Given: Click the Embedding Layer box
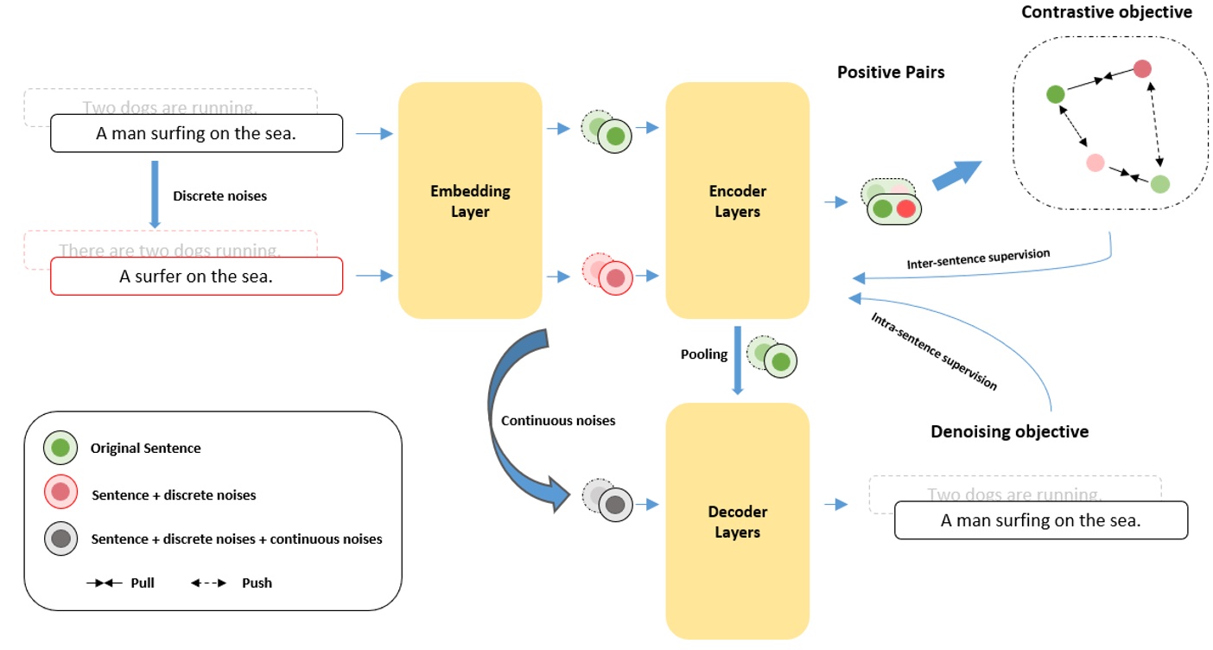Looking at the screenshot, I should click(x=470, y=201).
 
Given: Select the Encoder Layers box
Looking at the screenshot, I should click(x=737, y=201).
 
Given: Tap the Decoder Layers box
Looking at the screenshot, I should click(x=737, y=521).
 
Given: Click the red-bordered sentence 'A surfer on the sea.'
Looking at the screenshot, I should click(x=196, y=277).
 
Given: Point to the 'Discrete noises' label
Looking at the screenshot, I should click(x=219, y=196).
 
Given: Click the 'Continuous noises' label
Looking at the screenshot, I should click(x=558, y=420).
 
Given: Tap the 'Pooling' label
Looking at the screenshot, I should click(x=703, y=354).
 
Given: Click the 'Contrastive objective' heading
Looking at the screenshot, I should click(x=1106, y=12).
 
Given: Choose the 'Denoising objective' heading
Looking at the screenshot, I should click(x=1009, y=431).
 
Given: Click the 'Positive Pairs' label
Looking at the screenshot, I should click(x=891, y=73).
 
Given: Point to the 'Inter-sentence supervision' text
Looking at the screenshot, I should click(x=978, y=258).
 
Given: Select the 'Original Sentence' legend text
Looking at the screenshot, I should click(x=145, y=448).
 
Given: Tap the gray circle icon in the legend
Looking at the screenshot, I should click(x=60, y=538).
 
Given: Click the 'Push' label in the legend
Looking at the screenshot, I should click(x=257, y=583).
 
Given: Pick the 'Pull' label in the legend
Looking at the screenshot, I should click(x=143, y=583).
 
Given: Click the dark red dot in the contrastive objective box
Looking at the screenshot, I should click(x=1142, y=68).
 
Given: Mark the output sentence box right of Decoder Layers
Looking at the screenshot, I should click(x=1040, y=520).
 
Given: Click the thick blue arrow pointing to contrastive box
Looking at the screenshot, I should click(x=957, y=175).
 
